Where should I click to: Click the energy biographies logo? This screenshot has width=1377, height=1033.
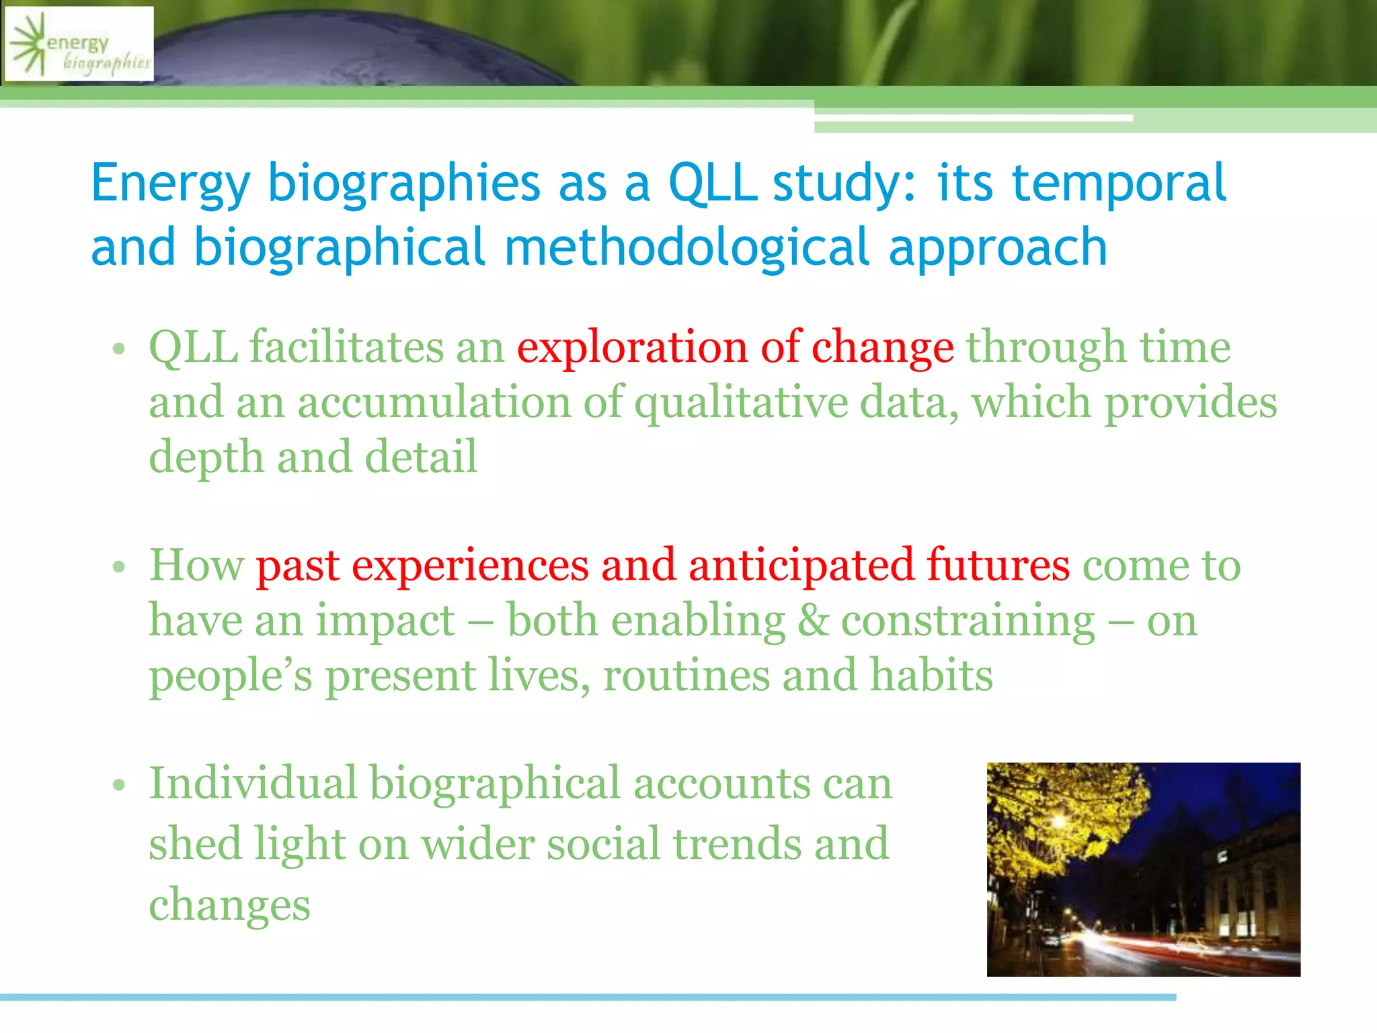click(79, 44)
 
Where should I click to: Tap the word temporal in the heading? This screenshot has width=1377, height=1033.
click(1119, 183)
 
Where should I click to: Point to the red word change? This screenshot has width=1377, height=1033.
click(882, 348)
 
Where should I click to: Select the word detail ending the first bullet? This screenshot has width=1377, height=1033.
click(421, 457)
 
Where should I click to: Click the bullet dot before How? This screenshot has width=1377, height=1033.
click(120, 567)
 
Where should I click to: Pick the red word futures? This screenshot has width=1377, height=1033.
click(998, 565)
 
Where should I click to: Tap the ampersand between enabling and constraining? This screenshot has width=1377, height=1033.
click(814, 621)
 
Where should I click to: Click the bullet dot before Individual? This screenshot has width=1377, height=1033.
click(120, 785)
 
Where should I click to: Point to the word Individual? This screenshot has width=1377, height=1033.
click(252, 783)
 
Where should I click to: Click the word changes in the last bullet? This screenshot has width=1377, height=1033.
click(229, 905)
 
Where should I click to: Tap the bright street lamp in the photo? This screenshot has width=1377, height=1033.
click(1058, 821)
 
